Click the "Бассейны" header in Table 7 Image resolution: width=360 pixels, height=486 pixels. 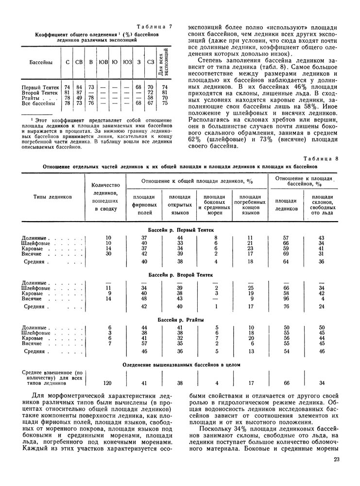pyautogui.click(x=40, y=62)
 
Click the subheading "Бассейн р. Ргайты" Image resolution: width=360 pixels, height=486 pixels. pyautogui.click(x=181, y=319)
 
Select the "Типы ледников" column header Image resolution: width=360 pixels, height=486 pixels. pyautogui.click(x=52, y=196)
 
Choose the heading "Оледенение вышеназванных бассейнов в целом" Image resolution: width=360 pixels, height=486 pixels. pyautogui.click(x=181, y=364)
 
